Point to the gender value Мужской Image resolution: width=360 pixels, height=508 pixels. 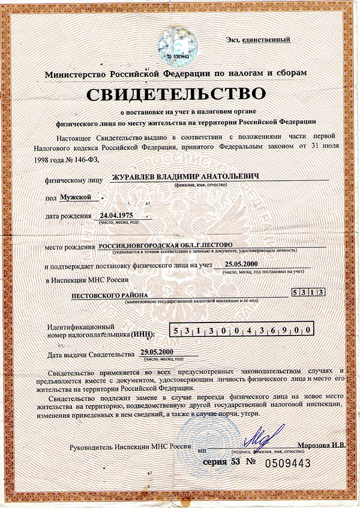click(76, 196)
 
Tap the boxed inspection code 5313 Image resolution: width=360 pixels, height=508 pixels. click(308, 292)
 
